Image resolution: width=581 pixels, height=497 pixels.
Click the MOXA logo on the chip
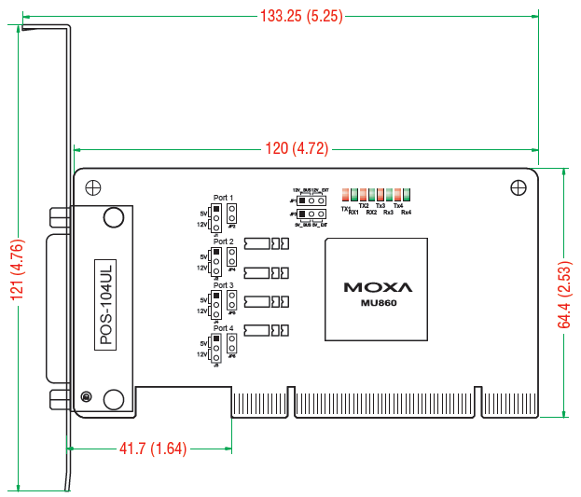click(x=378, y=287)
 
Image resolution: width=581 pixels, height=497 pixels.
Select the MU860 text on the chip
click(x=378, y=303)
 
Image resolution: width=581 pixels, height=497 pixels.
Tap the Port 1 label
click(x=224, y=198)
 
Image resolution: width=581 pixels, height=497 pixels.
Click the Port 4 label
click(x=224, y=328)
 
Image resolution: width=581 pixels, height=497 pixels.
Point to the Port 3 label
click(x=224, y=285)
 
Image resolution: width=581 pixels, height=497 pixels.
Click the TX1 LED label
click(x=346, y=208)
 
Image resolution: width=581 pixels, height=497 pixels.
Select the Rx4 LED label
click(x=406, y=214)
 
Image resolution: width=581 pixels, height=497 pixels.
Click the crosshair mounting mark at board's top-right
click(x=518, y=187)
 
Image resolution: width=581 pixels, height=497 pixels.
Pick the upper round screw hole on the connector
click(x=114, y=218)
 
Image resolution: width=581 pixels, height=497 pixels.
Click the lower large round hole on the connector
click(x=114, y=399)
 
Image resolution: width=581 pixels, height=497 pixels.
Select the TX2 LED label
click(x=364, y=205)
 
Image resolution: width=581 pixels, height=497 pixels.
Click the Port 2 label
click(x=224, y=242)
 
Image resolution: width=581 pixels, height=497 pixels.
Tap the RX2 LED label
click(x=371, y=214)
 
